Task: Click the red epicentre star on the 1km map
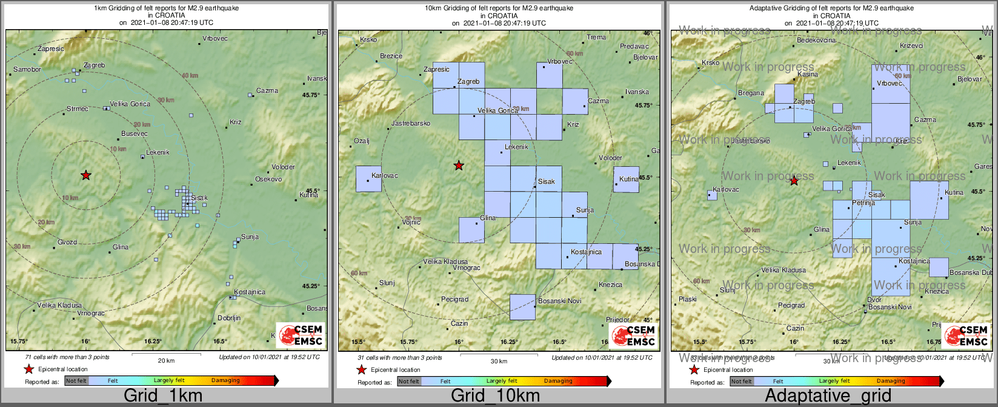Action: [x=86, y=175]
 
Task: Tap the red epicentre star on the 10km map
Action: [x=459, y=166]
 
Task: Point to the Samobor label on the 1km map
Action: [x=27, y=70]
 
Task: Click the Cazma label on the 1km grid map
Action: [x=267, y=91]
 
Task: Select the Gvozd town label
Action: [x=67, y=243]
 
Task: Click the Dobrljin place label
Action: [x=229, y=318]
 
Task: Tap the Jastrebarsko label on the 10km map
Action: [x=411, y=124]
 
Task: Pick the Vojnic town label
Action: [x=411, y=223]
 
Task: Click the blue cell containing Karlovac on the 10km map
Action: [x=368, y=179]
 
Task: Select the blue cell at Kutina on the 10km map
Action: [x=626, y=180]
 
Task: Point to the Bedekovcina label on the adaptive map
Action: [x=816, y=41]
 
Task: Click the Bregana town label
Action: [x=751, y=93]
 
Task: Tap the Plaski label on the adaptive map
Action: [x=688, y=300]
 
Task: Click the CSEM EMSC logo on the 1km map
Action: [x=301, y=335]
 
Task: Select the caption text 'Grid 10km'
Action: [x=495, y=396]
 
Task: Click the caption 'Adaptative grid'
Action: [x=828, y=396]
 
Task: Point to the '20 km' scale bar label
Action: [x=166, y=361]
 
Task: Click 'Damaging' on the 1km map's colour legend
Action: [x=225, y=381]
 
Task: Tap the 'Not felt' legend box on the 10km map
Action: [x=409, y=382]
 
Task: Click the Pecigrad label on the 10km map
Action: [x=454, y=300]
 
